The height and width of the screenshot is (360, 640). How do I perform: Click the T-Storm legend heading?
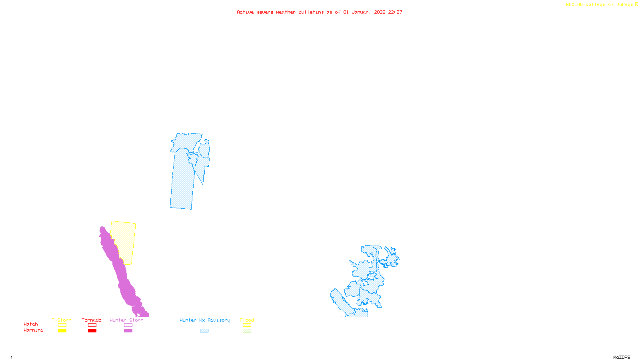[62, 320]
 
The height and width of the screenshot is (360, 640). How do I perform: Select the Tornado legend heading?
[92, 320]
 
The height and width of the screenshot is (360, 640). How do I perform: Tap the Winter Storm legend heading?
[126, 320]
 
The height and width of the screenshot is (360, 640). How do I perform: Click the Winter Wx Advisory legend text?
[205, 320]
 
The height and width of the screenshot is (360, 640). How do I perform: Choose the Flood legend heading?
[247, 320]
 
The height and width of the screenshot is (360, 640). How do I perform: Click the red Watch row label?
[31, 324]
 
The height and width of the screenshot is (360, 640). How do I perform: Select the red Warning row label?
[33, 330]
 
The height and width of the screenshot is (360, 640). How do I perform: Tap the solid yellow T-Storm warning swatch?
[62, 331]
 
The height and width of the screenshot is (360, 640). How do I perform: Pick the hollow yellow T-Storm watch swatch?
[62, 325]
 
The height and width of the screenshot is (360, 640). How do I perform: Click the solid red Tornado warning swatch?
[92, 331]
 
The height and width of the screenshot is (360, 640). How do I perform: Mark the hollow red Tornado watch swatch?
[92, 325]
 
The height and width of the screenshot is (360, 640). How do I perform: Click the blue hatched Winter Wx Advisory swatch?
[204, 331]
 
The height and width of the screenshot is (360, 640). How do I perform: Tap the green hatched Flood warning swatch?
[247, 331]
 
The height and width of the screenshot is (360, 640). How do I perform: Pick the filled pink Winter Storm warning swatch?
[128, 331]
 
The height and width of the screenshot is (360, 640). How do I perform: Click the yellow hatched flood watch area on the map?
[125, 240]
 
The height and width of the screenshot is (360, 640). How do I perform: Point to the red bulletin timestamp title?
[320, 12]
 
